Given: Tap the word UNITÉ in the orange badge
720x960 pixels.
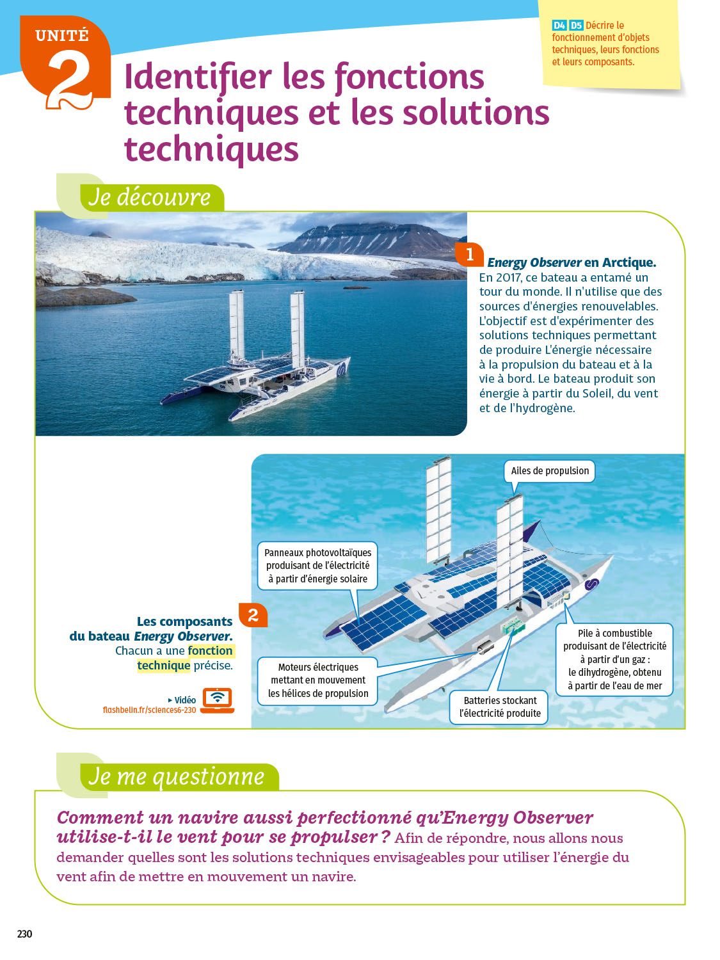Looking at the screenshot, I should (x=62, y=36).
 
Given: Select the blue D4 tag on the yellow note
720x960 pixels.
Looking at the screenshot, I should (x=559, y=26).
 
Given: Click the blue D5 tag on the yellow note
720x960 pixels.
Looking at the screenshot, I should (x=576, y=26).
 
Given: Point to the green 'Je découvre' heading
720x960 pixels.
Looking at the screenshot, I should (x=150, y=197).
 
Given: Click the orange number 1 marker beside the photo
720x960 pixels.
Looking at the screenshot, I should (x=469, y=254).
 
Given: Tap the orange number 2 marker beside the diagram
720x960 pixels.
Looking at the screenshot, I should (x=253, y=616).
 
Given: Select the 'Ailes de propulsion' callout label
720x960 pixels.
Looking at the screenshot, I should (x=550, y=471).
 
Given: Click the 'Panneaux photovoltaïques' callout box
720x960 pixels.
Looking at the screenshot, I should (x=317, y=566).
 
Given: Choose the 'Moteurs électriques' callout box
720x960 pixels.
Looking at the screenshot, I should (x=318, y=680).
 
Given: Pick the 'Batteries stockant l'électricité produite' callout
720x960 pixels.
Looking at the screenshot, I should (x=500, y=707).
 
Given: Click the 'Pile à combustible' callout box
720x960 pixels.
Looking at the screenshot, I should (x=614, y=659).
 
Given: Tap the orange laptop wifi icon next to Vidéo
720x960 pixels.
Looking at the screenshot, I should (x=218, y=700).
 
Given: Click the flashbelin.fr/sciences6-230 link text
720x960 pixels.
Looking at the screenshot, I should (x=149, y=710).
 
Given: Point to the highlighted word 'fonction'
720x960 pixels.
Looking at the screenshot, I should (x=211, y=651).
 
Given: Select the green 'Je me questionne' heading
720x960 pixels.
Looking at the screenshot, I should (x=176, y=777).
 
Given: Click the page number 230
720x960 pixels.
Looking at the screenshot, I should (x=24, y=934).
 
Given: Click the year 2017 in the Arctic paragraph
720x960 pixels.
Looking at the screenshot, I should (x=508, y=278).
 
